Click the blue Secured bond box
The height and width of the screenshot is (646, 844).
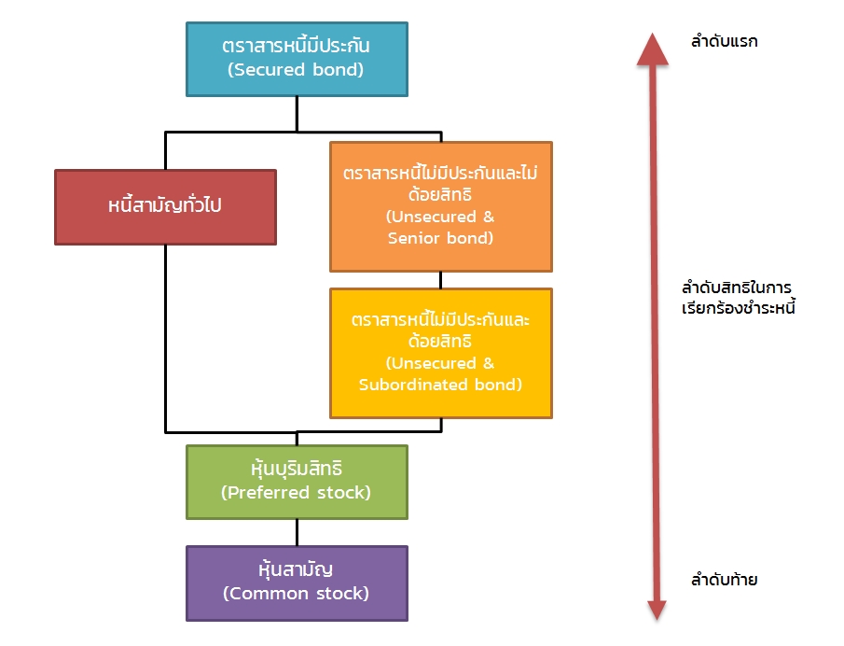[297, 58]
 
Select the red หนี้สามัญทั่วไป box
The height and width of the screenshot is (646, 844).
[165, 206]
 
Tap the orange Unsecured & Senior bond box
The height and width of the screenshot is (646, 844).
[440, 206]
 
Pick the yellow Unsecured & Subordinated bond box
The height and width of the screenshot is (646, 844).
[440, 352]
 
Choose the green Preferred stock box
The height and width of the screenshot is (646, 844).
[297, 481]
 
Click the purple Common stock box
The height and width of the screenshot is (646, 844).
[297, 583]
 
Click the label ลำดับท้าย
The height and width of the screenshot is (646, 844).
[724, 580]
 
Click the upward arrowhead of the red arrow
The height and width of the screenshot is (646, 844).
[653, 48]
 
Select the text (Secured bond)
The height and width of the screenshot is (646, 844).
[297, 69]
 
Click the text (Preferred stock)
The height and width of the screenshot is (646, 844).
[297, 492]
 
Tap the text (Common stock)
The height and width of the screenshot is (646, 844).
[297, 593]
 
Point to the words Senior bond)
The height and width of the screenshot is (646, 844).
[440, 238]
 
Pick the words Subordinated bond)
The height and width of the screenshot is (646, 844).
[440, 384]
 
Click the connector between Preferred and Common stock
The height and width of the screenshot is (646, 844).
[297, 532]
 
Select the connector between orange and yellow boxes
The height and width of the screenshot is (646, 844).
[440, 279]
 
